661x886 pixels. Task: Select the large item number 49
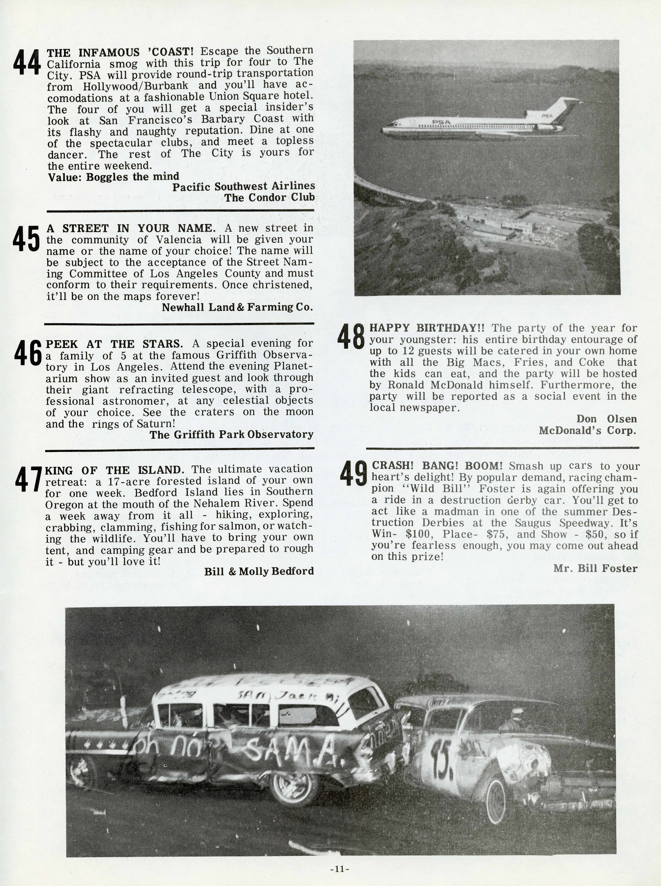coord(354,473)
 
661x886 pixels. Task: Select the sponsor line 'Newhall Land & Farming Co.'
coord(237,307)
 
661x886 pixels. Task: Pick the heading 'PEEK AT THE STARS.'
coord(115,344)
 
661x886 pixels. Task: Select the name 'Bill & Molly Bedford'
coord(259,571)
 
